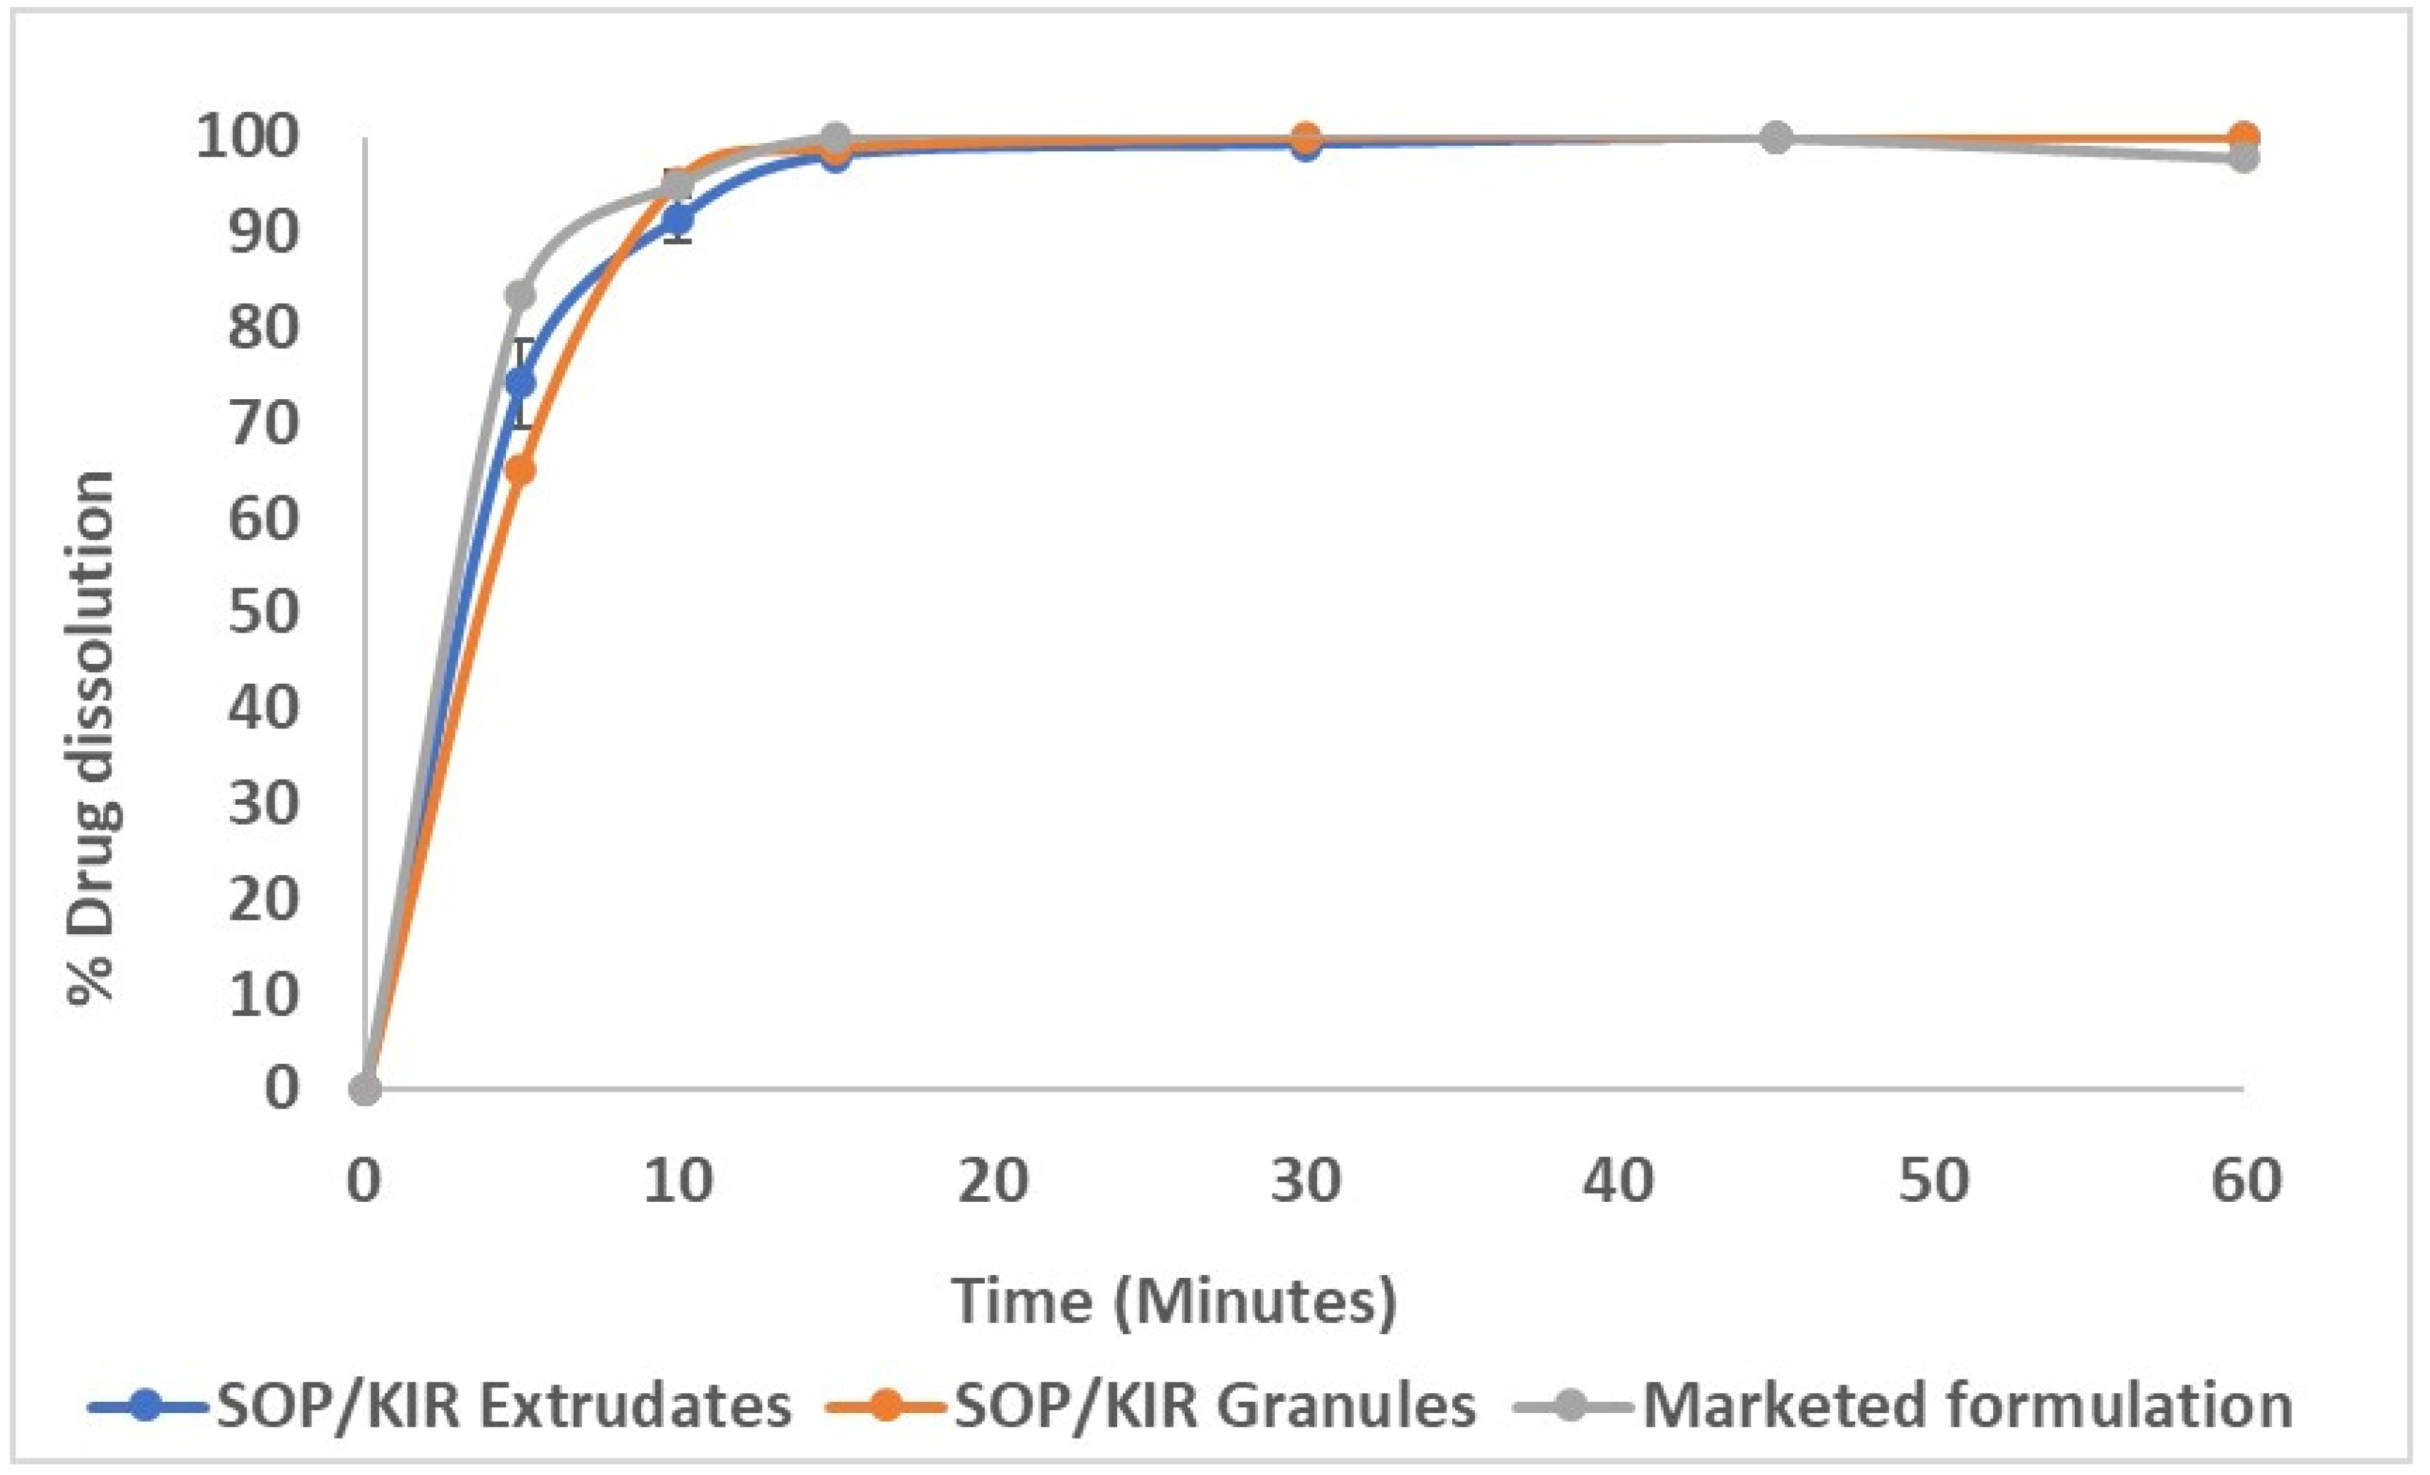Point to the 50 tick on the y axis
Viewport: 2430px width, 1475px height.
[263, 613]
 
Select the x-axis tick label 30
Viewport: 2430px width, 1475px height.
[1306, 1180]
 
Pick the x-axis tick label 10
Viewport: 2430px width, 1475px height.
[679, 1180]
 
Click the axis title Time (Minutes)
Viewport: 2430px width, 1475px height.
[1173, 1301]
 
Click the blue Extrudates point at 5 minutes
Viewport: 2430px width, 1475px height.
[521, 381]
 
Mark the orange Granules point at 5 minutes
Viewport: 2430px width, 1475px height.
[521, 470]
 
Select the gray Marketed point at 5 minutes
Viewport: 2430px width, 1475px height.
[521, 295]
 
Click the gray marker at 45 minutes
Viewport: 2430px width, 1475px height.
[1775, 137]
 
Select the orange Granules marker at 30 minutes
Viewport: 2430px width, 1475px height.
[1305, 137]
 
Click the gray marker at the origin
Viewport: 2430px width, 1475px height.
[365, 1089]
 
